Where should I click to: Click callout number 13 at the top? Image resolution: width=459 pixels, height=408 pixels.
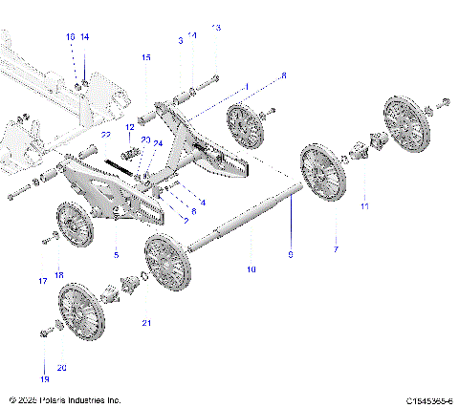pyautogui.click(x=215, y=28)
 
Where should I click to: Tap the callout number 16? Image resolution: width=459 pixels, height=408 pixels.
pyautogui.click(x=70, y=36)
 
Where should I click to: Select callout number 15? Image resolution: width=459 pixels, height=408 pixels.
pyautogui.click(x=146, y=58)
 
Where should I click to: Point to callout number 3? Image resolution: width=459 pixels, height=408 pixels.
pyautogui.click(x=180, y=39)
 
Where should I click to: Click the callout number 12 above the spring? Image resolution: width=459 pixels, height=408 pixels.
pyautogui.click(x=130, y=126)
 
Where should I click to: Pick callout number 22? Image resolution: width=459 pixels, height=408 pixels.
pyautogui.click(x=107, y=135)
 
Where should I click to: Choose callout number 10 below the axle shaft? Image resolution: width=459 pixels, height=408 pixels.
pyautogui.click(x=251, y=270)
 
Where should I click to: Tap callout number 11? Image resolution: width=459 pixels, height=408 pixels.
pyautogui.click(x=363, y=205)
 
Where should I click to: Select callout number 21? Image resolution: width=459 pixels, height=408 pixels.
pyautogui.click(x=146, y=323)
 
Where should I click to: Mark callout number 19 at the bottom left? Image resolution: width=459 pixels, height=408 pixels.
pyautogui.click(x=44, y=364)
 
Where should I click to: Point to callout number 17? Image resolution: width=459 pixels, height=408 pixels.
pyautogui.click(x=42, y=281)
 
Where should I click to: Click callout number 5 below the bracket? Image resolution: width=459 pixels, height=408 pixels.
pyautogui.click(x=116, y=255)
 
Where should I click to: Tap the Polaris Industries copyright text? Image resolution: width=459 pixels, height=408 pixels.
pyautogui.click(x=64, y=399)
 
